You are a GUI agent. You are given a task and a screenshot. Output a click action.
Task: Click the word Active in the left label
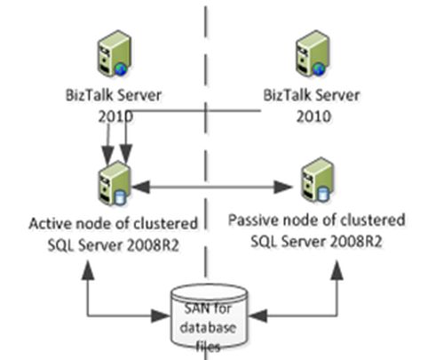[x=49, y=222]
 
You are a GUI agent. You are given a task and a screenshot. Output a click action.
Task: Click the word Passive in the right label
[x=251, y=219]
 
